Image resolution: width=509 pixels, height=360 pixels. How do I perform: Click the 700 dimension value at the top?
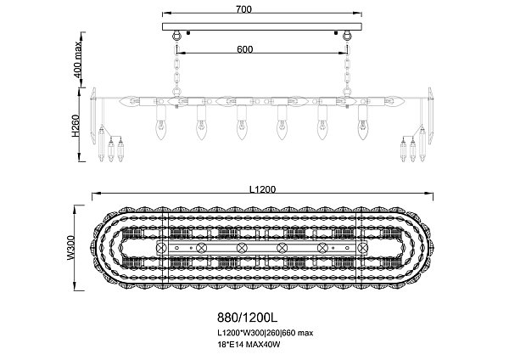[x=243, y=9]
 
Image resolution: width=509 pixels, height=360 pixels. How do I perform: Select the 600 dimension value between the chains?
[x=245, y=49]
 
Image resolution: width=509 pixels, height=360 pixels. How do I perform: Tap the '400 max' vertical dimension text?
[x=77, y=59]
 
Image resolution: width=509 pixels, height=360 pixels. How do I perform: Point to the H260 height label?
[x=76, y=126]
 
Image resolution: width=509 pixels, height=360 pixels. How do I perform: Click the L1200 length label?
[x=262, y=189]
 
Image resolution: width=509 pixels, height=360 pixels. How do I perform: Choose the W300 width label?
[x=71, y=248]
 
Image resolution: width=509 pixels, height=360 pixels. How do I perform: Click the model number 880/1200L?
[x=248, y=317]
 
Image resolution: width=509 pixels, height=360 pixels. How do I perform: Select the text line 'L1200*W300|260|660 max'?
[x=266, y=333]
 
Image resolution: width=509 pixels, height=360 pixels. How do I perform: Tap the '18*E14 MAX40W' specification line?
[x=249, y=345]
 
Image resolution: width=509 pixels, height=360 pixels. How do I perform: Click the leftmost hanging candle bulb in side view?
[x=160, y=130]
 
